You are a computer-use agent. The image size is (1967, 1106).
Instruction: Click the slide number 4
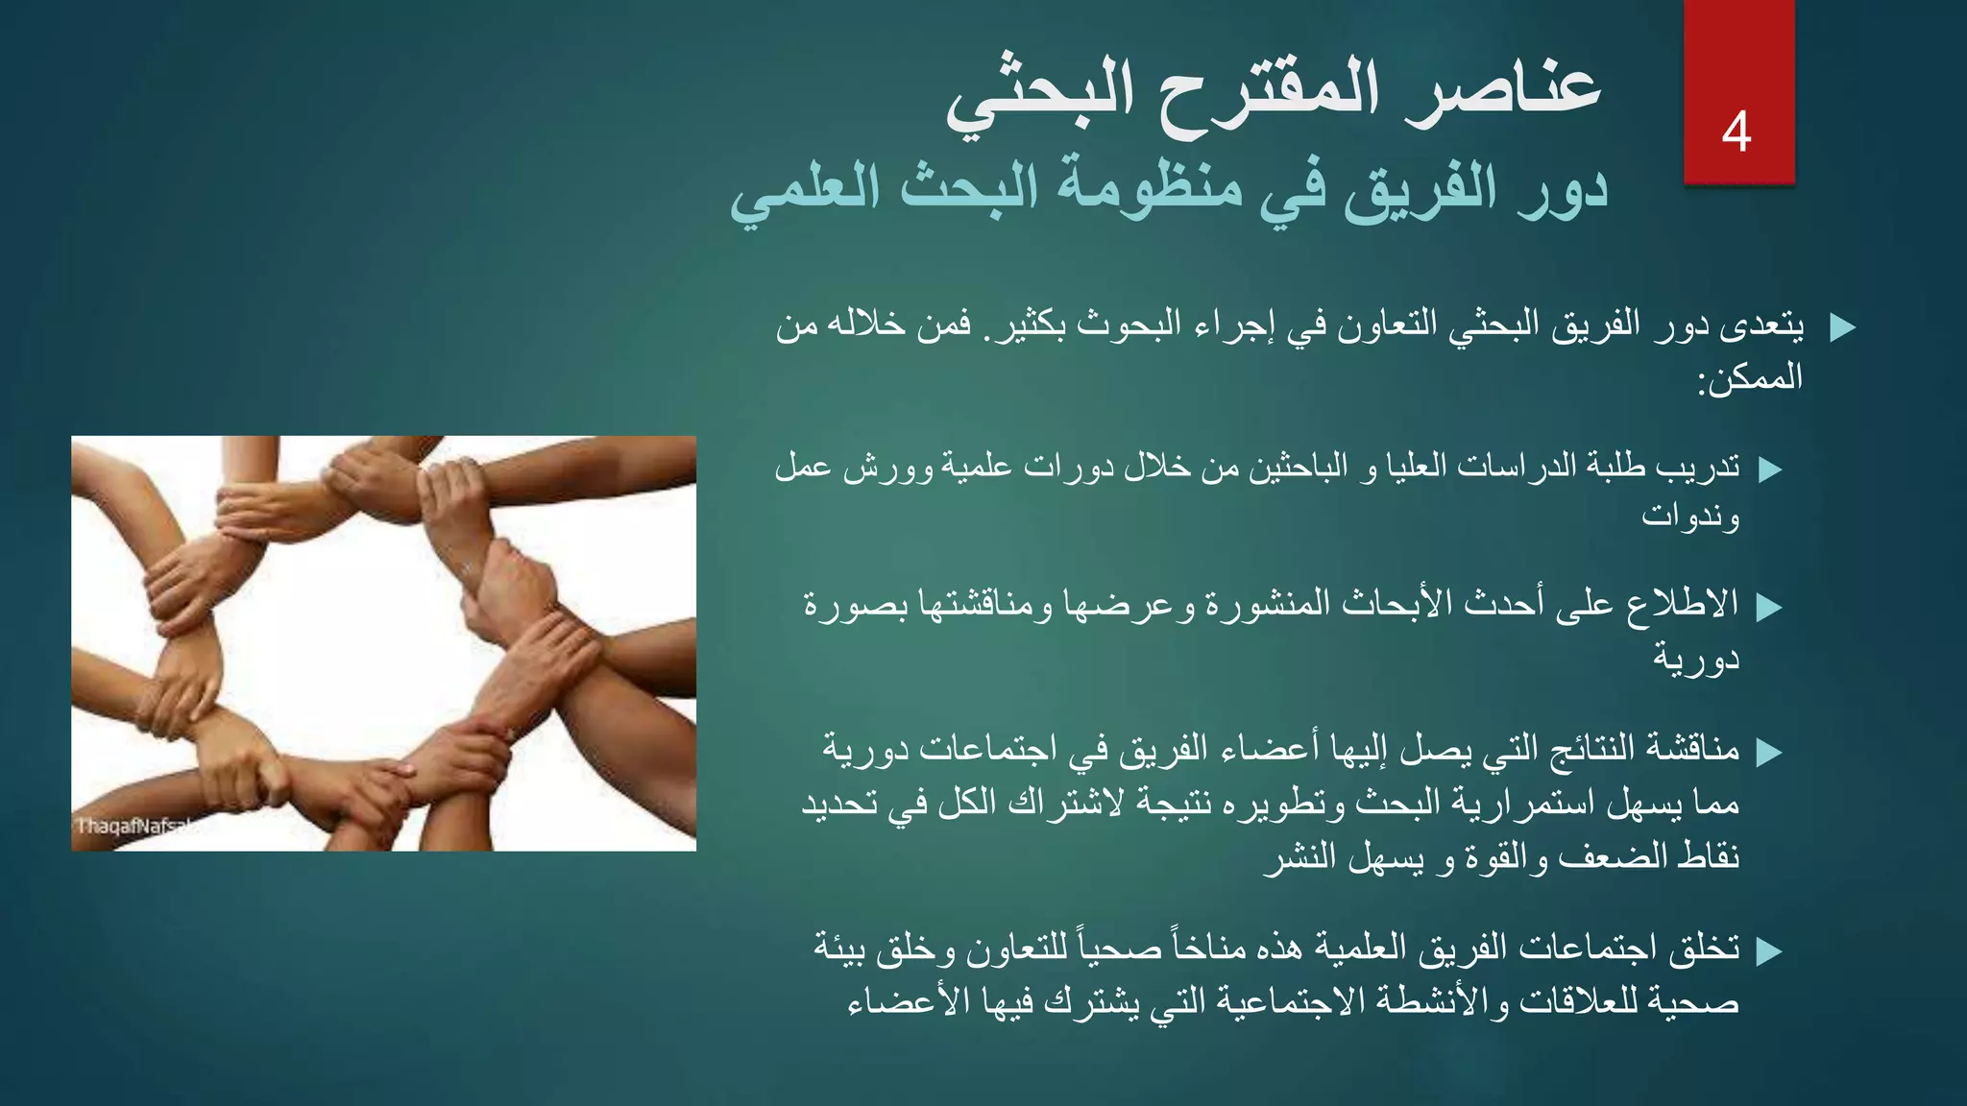point(1736,132)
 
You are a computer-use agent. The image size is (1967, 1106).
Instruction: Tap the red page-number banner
point(1738,58)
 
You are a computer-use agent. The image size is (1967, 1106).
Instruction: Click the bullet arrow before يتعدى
point(1842,328)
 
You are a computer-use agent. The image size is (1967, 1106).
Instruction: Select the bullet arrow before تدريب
point(1769,469)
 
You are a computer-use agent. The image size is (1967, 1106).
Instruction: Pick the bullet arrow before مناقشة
point(1769,752)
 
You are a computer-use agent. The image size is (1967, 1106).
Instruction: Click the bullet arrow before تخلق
point(1769,951)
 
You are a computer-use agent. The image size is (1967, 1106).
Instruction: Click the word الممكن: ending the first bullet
point(1750,378)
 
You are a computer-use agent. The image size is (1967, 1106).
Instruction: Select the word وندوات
point(1690,517)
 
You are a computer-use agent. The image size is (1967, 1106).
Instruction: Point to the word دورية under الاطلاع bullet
point(1695,659)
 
